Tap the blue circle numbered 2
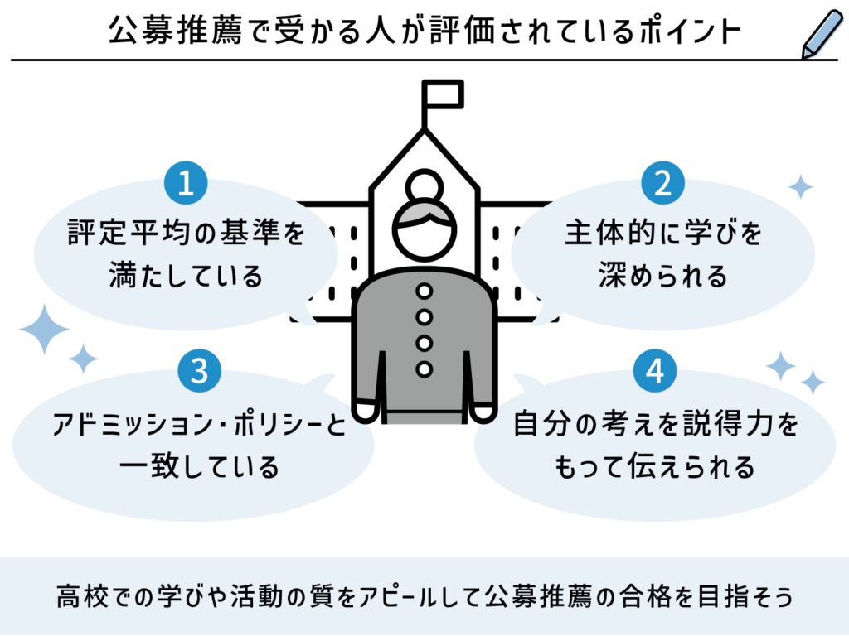point(662,184)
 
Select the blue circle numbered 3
point(199,371)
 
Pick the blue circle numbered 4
point(654,371)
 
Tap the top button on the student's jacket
point(424,291)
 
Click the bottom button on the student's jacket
point(424,369)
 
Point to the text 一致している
point(199,466)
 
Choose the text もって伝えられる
point(654,466)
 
